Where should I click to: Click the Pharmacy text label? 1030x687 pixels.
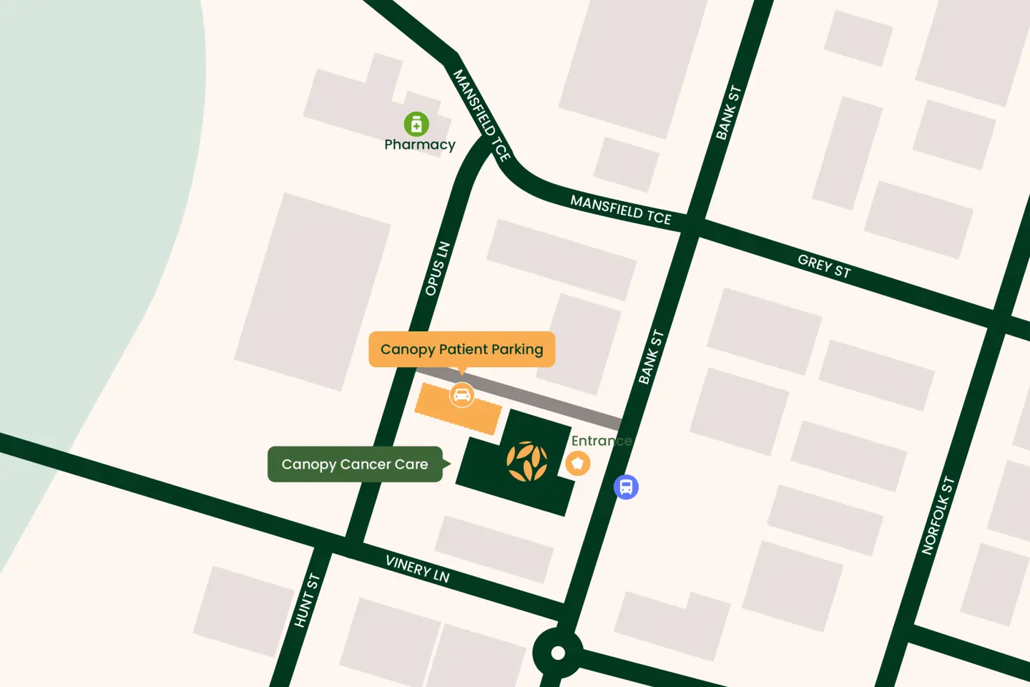[x=420, y=145]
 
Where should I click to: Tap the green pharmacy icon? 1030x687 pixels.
[x=416, y=124]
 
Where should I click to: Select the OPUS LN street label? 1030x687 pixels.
[x=437, y=269]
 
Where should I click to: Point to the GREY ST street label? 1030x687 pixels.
[x=824, y=266]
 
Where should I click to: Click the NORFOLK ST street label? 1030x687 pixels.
[x=938, y=515]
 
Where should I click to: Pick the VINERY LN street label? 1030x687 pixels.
[x=418, y=569]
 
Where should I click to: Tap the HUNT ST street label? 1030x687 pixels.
[x=307, y=600]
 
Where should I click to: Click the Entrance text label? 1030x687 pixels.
[x=601, y=441]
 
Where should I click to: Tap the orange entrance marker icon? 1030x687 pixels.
[x=578, y=463]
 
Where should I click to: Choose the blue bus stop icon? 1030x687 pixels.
[x=626, y=487]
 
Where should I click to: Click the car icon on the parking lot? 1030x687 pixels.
[x=462, y=394]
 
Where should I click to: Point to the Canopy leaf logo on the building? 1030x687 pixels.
[x=527, y=462]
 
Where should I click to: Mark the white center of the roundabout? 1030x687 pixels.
[x=558, y=653]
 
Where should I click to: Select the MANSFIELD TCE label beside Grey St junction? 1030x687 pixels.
[x=621, y=210]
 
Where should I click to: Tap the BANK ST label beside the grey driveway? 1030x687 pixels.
[x=651, y=357]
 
